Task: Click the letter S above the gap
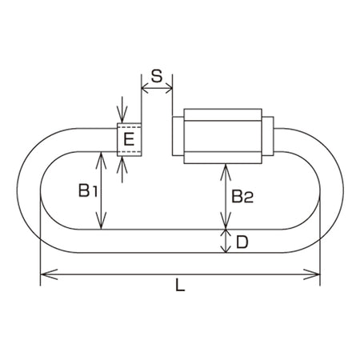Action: (x=157, y=76)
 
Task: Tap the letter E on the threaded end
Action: (x=129, y=139)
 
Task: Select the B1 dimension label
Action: (x=88, y=190)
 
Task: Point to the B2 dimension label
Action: (x=242, y=197)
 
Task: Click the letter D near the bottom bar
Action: (x=242, y=242)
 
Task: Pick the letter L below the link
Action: (x=180, y=285)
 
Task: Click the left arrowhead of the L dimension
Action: (x=49, y=274)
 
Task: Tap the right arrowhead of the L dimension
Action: (x=311, y=274)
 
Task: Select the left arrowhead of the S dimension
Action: (x=146, y=88)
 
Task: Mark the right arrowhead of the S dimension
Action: (x=169, y=88)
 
